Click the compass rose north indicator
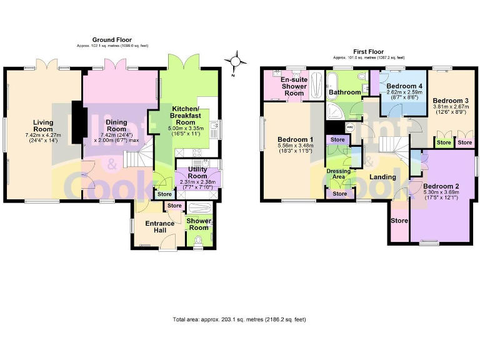coord(236,62)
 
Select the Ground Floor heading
coord(112,40)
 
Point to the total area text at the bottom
coord(239,319)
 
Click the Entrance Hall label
coord(159,227)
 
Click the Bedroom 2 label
coord(441,186)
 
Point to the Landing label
coord(382,177)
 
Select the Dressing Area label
coord(338,173)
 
